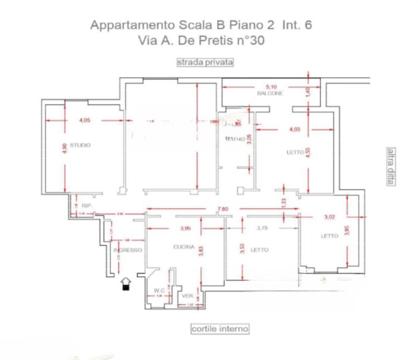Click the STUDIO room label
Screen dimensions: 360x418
[80, 145]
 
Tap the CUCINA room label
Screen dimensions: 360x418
[184, 247]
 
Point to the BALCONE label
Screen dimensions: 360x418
[270, 94]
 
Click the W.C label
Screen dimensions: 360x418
[159, 291]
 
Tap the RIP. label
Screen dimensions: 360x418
[87, 206]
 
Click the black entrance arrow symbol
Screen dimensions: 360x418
[125, 284]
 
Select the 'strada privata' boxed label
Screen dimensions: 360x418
[205, 62]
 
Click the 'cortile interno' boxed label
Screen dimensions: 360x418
[219, 329]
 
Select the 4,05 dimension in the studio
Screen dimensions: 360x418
[85, 121]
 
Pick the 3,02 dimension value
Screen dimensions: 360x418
[329, 216]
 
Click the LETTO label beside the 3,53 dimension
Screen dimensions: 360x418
[260, 250]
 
